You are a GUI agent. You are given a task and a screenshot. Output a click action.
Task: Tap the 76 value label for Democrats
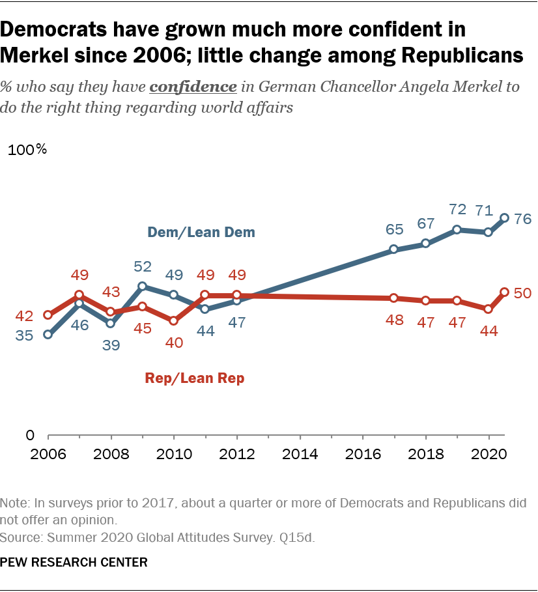(x=523, y=219)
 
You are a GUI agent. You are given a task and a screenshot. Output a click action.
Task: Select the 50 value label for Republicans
(x=523, y=293)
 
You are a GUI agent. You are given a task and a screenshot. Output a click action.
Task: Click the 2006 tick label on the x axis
(x=47, y=453)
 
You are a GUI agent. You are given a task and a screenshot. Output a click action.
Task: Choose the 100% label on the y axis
(x=27, y=150)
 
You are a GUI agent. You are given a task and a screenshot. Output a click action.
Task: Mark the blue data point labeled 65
(x=394, y=249)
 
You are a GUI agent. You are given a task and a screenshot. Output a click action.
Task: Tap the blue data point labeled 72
(x=457, y=229)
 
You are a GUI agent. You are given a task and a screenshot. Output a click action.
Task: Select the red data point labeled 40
(x=173, y=320)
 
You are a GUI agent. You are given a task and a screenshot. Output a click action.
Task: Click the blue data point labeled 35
(x=48, y=335)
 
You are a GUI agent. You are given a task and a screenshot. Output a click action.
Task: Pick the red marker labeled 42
(x=48, y=315)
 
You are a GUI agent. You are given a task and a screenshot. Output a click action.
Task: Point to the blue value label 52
(x=142, y=268)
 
